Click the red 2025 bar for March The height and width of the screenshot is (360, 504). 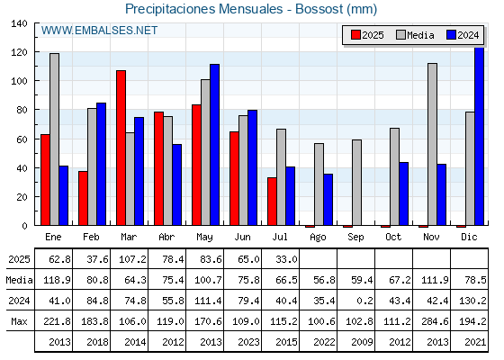[x=121, y=148]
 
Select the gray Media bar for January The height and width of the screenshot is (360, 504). [x=54, y=139]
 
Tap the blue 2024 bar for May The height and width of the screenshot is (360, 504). [x=214, y=145]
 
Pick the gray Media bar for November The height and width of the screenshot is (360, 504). [x=432, y=144]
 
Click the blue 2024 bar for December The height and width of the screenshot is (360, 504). [x=479, y=136]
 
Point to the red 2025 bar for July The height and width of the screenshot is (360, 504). [x=272, y=202]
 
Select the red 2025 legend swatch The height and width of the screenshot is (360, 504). [x=355, y=35]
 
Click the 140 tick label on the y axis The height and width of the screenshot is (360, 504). [x=19, y=23]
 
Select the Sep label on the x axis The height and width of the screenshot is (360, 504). [x=355, y=238]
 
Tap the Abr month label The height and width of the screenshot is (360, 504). [x=166, y=238]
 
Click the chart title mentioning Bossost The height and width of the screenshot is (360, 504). [x=251, y=9]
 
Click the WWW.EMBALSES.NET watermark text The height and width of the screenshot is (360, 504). [x=99, y=31]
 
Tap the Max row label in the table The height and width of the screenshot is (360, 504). [x=19, y=321]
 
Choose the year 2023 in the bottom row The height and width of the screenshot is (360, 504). [x=248, y=342]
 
